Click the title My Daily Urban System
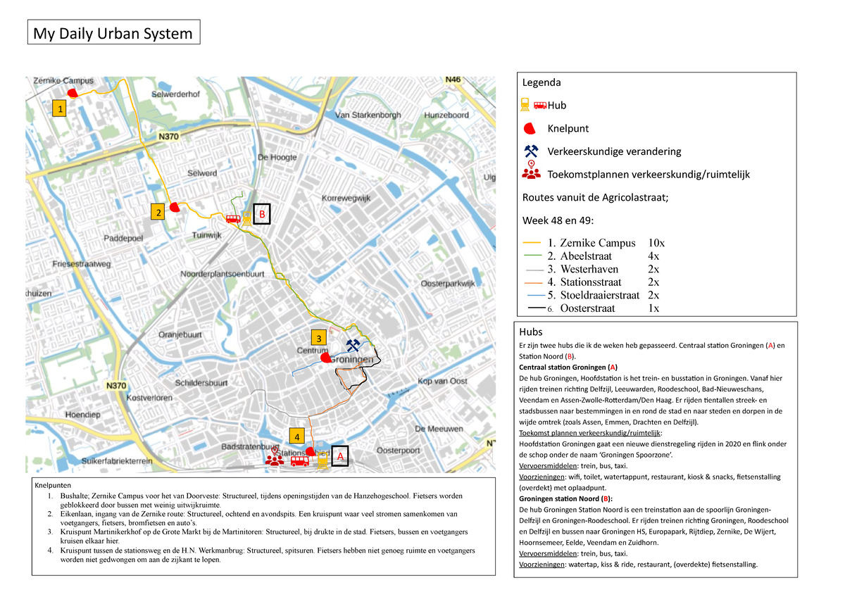(x=113, y=33)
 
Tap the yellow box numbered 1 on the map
(x=61, y=109)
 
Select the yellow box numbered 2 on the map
(x=159, y=211)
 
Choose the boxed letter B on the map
(x=262, y=213)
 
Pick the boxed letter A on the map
(x=339, y=456)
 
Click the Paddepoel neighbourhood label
(x=123, y=239)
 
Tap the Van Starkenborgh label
(x=368, y=115)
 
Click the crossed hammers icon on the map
(x=353, y=345)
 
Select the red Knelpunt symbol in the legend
(x=534, y=129)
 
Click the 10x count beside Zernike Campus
(x=656, y=243)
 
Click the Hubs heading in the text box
(x=531, y=332)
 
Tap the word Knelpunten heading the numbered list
(x=53, y=485)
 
